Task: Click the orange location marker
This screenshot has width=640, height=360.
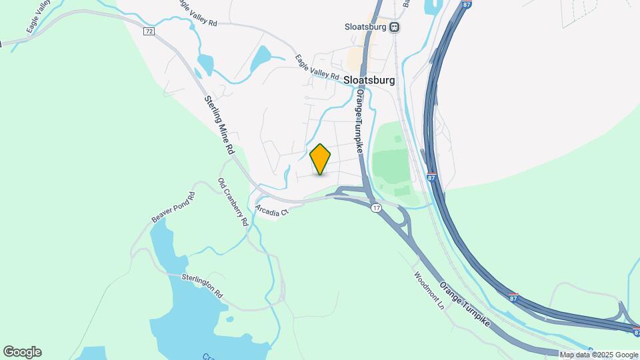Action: click(x=320, y=159)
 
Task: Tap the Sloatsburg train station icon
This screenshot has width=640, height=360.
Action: click(x=395, y=27)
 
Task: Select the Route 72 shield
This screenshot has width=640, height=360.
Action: click(x=148, y=31)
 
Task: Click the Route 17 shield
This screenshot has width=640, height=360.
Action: click(x=377, y=209)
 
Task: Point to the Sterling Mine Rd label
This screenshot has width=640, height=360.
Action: click(x=219, y=126)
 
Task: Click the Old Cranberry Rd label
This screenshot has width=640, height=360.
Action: click(x=233, y=202)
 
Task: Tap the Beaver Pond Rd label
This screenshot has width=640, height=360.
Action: click(x=173, y=207)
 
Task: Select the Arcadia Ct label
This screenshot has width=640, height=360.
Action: click(x=274, y=211)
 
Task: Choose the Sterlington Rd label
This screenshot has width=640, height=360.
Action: click(x=203, y=284)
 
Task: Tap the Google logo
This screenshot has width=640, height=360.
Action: click(x=22, y=352)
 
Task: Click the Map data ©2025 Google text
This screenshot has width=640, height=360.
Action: click(x=599, y=355)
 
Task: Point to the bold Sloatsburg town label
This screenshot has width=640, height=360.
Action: click(x=369, y=80)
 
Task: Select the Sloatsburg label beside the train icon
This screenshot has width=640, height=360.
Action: click(x=366, y=27)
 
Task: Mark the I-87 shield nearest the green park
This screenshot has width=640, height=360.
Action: click(x=431, y=178)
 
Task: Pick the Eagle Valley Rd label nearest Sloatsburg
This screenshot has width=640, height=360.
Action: click(x=317, y=67)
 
